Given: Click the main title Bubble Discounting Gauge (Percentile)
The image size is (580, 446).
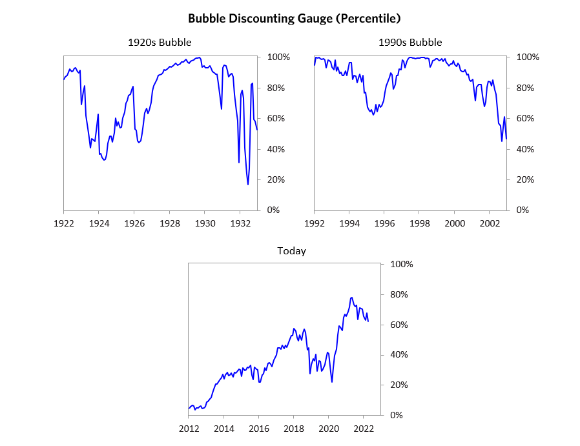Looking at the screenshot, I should coord(290,18).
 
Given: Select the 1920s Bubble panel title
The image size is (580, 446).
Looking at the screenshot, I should coord(160,43).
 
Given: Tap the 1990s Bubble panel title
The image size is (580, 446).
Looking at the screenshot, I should coord(410,43).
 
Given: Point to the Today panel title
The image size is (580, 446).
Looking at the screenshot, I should coord(291,250).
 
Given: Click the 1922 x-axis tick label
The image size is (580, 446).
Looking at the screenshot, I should coord(63,223).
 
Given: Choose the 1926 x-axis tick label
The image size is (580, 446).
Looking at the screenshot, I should coord(134,223).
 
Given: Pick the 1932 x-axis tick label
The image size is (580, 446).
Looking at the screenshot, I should coord(240,223).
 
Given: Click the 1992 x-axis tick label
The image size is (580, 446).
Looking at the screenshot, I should coord(314,223).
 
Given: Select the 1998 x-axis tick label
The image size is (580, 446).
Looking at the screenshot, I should coord(419,223).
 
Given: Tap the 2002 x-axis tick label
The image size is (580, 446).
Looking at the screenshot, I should coord(490,223).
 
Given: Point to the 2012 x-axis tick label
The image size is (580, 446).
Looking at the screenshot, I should coord(189,428).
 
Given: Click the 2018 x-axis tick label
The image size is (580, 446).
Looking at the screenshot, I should coord(294,428).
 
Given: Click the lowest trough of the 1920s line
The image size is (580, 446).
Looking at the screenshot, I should coord(248,185).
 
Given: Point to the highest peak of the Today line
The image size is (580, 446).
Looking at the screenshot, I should coord(351,298).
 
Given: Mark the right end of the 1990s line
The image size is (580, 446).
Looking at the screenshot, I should coord(506,139).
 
